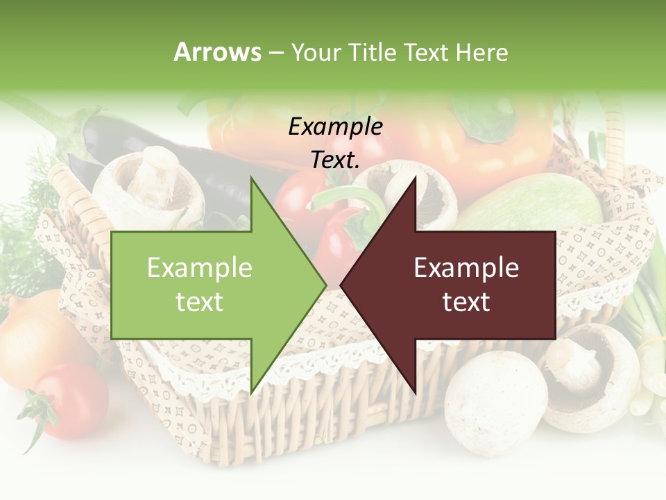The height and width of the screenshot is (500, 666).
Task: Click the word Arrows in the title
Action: tap(217, 52)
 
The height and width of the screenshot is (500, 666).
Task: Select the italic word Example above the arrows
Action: tap(335, 126)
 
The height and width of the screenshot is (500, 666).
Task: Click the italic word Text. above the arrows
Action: tap(335, 160)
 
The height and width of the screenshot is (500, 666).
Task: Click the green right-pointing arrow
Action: tap(208, 285)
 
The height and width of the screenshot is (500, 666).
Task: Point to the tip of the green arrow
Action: tap(325, 285)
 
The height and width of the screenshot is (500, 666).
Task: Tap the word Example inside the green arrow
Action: tap(200, 267)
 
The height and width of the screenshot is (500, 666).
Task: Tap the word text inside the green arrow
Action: tap(200, 301)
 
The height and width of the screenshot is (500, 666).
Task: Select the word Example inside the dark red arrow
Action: tap(466, 267)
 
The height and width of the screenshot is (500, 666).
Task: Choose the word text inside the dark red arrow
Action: tap(466, 301)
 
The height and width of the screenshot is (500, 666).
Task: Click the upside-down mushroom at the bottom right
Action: tap(590, 375)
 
